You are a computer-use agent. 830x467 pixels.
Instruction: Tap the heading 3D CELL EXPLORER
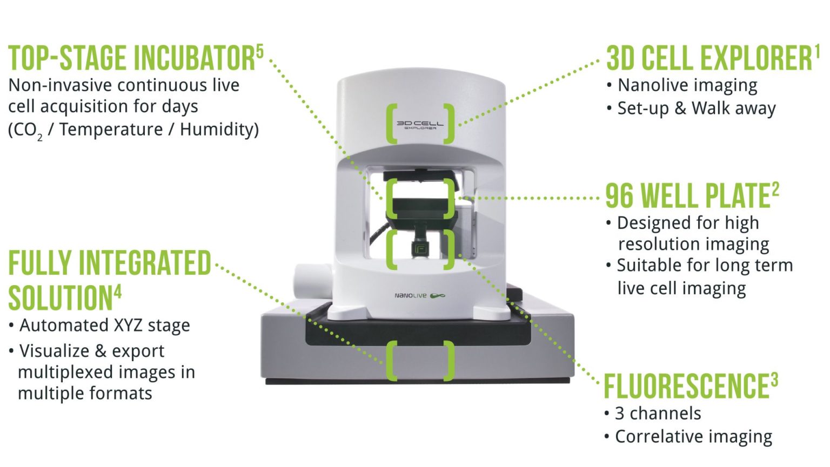pyautogui.click(x=708, y=58)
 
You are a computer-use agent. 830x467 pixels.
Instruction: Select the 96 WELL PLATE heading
pyautogui.click(x=687, y=196)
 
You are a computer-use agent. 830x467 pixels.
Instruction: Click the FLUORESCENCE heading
pyautogui.click(x=686, y=387)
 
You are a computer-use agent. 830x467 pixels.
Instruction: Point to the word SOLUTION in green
pyautogui.click(x=60, y=298)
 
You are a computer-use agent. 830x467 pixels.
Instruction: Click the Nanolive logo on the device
pyautogui.click(x=419, y=295)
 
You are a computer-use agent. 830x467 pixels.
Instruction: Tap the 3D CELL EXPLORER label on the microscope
pyautogui.click(x=420, y=125)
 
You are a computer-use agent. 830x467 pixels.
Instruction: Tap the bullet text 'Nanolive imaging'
pyautogui.click(x=687, y=85)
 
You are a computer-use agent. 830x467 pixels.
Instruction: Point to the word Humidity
pyautogui.click(x=219, y=130)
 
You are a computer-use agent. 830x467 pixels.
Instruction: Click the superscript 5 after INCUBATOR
pyautogui.click(x=259, y=52)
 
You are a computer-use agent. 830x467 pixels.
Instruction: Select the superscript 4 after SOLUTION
pyautogui.click(x=118, y=292)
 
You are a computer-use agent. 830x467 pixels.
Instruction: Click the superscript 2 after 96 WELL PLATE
pyautogui.click(x=775, y=189)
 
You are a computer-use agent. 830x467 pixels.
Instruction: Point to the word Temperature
pyautogui.click(x=111, y=130)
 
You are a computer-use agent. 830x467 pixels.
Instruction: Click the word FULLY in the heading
pyautogui.click(x=41, y=263)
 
